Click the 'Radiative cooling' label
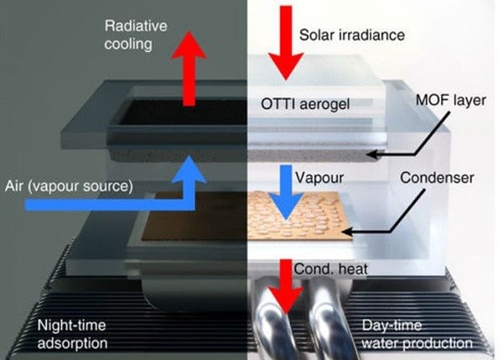coord(135,35)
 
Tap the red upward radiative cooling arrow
coord(189,69)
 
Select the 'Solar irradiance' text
coord(351,34)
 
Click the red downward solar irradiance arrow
coord(286,43)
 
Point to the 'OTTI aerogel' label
coord(305,104)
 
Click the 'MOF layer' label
coord(451,100)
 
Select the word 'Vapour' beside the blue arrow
coord(319,178)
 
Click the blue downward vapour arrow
coord(286,193)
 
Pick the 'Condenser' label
coord(437,178)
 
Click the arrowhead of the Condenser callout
coord(347,231)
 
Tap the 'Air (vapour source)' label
coord(69,186)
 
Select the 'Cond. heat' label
coord(331,269)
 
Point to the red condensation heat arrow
coord(286,286)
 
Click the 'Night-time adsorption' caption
coord(72,334)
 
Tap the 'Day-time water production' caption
coord(417,334)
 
